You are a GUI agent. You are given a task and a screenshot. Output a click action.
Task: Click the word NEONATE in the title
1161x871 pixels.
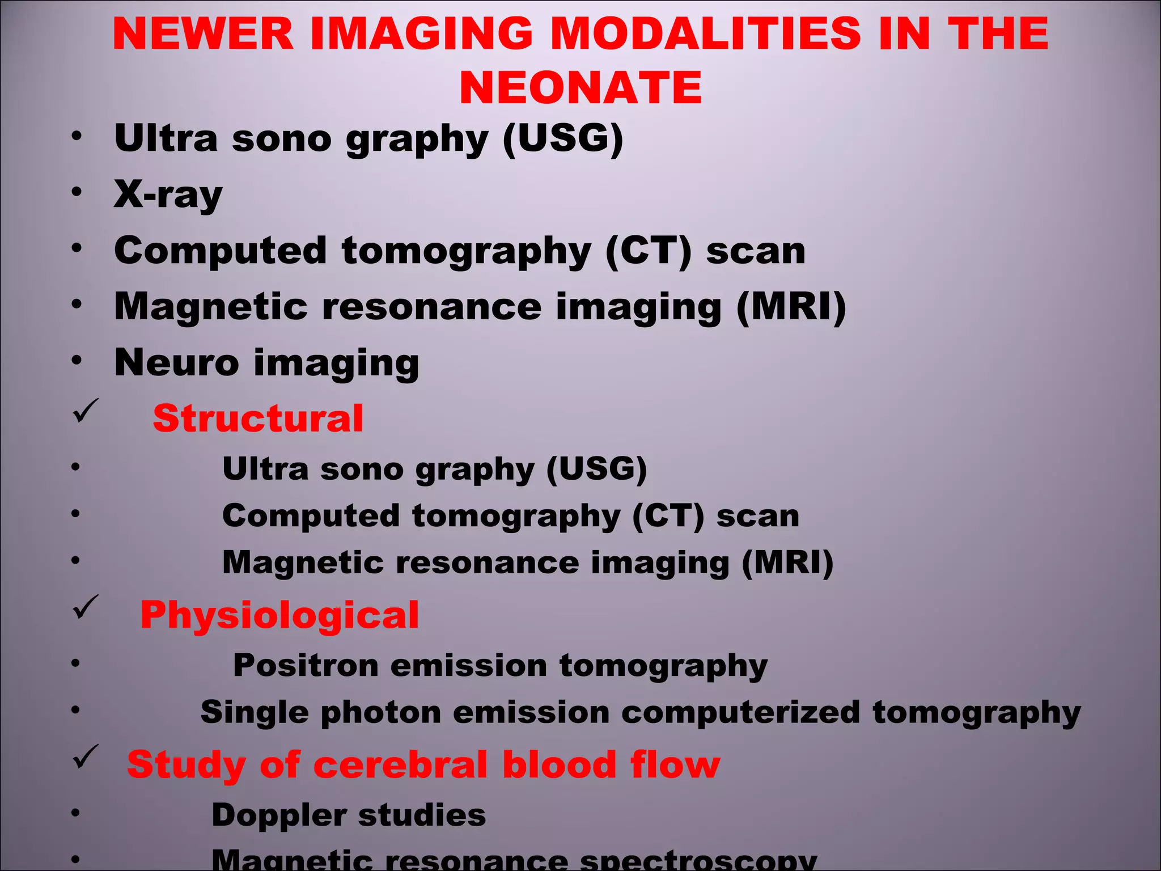[580, 88]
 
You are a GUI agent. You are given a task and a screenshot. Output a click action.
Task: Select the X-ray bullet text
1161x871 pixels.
[168, 195]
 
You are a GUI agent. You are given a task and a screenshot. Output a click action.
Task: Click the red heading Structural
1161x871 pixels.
[258, 418]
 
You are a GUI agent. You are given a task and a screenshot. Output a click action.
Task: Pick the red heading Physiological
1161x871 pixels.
[279, 615]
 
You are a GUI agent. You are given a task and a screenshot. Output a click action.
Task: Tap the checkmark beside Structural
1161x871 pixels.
[86, 411]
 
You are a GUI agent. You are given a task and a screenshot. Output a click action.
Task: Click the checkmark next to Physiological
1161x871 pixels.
[86, 607]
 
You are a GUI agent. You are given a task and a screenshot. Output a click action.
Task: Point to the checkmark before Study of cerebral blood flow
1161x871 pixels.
[86, 757]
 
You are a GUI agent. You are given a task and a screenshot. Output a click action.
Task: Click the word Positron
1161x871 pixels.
[306, 665]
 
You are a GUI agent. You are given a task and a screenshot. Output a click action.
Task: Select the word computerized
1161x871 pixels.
[740, 712]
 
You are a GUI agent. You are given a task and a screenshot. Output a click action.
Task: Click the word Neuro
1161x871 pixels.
[176, 362]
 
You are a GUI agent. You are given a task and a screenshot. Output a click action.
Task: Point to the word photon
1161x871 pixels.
[380, 712]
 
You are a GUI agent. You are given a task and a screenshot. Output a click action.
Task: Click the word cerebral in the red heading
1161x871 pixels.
[400, 765]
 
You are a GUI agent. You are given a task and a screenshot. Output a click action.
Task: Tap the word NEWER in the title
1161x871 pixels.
[203, 33]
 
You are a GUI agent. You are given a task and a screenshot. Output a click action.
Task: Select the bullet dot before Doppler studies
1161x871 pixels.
[76, 813]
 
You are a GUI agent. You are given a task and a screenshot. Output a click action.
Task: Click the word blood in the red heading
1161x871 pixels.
[559, 765]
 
